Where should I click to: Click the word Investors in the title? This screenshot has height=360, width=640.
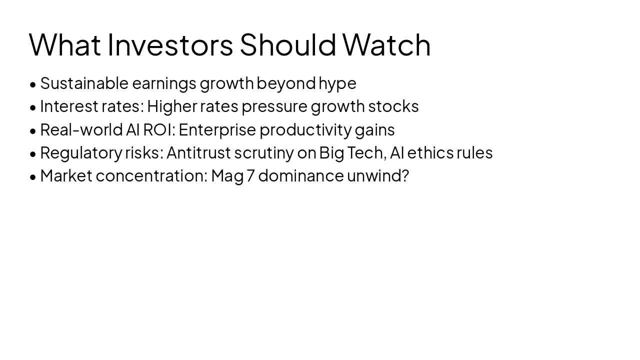(170, 44)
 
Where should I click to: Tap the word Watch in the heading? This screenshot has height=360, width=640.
(386, 44)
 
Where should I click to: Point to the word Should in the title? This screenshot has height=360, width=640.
(287, 44)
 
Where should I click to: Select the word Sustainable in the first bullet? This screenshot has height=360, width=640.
(84, 83)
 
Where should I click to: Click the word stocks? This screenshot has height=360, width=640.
(393, 106)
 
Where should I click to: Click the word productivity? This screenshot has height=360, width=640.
(305, 130)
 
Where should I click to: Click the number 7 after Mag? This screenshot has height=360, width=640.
(250, 176)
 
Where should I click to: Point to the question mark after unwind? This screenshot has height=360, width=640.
(405, 175)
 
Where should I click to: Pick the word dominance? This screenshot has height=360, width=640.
(301, 176)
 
